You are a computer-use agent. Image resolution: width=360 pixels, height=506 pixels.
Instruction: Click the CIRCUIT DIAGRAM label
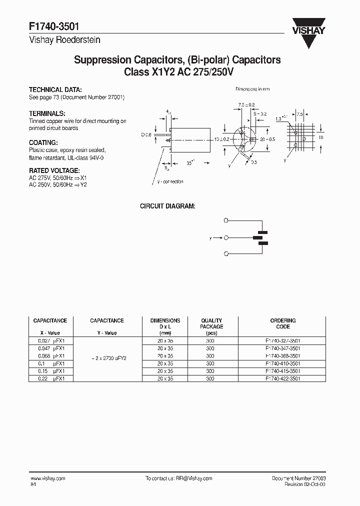(167, 206)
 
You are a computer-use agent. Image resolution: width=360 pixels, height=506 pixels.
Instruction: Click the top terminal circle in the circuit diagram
(226, 220)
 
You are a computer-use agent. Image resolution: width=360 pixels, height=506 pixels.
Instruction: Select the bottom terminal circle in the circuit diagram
(226, 254)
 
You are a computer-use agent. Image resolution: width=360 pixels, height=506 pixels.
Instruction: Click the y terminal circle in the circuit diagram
(226, 237)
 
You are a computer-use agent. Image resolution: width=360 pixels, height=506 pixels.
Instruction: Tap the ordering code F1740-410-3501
(282, 363)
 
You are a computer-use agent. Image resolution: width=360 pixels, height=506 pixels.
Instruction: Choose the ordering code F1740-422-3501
(282, 379)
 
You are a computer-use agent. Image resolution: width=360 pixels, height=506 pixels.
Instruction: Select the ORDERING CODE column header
(282, 323)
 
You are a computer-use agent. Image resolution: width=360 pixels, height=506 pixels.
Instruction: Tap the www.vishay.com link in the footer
(48, 478)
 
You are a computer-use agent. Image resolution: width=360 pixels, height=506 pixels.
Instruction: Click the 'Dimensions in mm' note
(252, 89)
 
